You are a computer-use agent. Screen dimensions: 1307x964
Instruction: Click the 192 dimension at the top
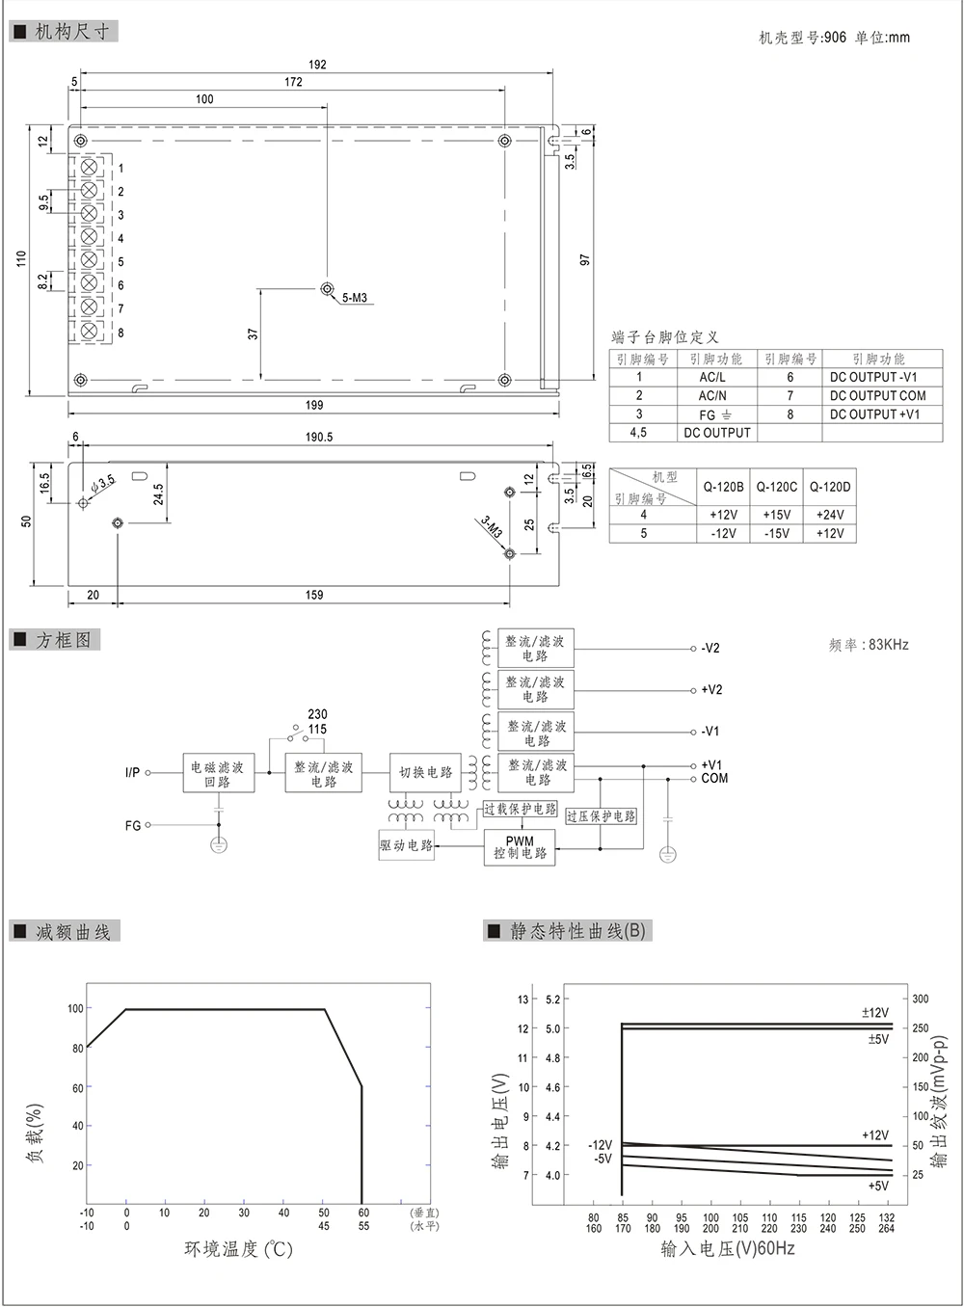click(x=317, y=65)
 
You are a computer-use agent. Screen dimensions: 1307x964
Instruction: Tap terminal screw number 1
click(x=89, y=167)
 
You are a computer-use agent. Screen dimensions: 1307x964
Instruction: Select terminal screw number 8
click(x=89, y=332)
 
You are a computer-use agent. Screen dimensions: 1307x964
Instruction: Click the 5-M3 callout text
click(x=354, y=298)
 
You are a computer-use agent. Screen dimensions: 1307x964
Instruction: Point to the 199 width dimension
click(x=314, y=406)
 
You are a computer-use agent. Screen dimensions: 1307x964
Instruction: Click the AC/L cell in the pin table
click(x=712, y=377)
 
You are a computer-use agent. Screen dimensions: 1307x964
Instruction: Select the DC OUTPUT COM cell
click(x=877, y=395)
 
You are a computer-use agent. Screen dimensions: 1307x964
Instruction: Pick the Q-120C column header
click(x=776, y=487)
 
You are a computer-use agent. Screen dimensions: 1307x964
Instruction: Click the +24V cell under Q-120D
click(x=830, y=515)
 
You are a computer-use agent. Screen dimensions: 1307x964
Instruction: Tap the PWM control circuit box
click(x=520, y=847)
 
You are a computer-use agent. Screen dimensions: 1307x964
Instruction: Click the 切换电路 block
click(x=425, y=772)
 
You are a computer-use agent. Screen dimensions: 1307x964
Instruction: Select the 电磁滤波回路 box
click(x=218, y=773)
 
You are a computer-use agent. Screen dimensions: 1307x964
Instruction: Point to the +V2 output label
click(x=711, y=690)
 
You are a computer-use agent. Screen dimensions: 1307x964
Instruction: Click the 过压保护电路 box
click(x=601, y=816)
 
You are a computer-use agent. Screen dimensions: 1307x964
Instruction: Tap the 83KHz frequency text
click(x=888, y=645)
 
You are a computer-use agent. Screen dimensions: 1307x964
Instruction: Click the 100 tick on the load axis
click(x=75, y=1008)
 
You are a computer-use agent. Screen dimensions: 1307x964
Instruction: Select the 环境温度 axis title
click(x=238, y=1249)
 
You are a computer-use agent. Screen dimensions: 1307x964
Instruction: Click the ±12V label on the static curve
click(x=874, y=1013)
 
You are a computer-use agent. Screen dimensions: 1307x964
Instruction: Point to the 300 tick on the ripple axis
click(x=921, y=999)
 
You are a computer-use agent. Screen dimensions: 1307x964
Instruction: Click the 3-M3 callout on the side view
click(x=492, y=526)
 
